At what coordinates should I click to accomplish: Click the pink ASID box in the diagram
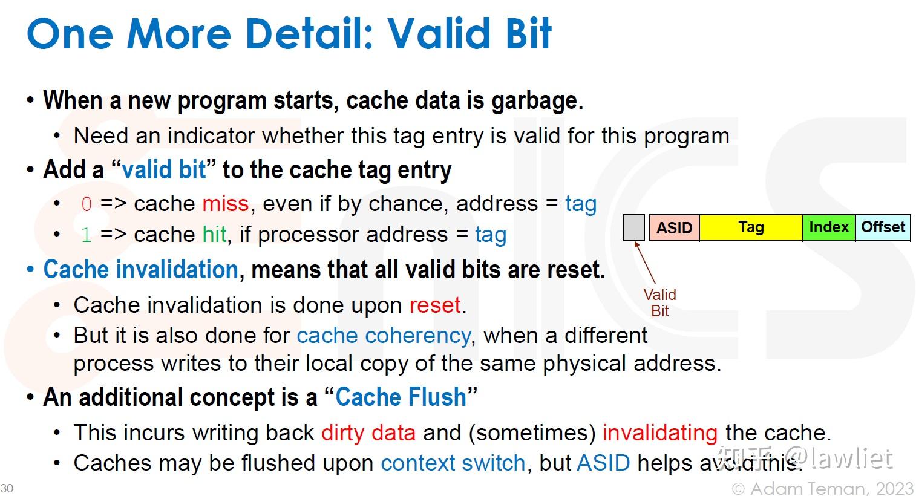click(x=674, y=227)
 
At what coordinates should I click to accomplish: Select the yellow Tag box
click(x=751, y=227)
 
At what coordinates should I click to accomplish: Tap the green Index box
click(x=829, y=227)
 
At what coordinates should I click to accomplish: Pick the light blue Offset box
click(x=883, y=227)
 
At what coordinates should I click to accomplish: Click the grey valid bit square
click(x=633, y=227)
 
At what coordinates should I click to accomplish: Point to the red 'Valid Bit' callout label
click(x=659, y=302)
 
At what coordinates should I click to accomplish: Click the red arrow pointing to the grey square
click(x=645, y=263)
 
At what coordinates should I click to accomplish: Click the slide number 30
click(x=7, y=488)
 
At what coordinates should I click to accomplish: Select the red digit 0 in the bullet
click(x=87, y=204)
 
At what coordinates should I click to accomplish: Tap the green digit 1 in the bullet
click(x=87, y=235)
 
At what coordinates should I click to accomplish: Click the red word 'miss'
click(x=226, y=204)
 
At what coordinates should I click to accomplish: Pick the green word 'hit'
click(x=215, y=234)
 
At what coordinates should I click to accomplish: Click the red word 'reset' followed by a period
click(x=437, y=305)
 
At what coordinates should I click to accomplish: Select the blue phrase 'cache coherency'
click(x=384, y=336)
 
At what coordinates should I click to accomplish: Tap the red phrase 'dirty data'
click(x=368, y=433)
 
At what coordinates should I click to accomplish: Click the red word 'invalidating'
click(x=660, y=433)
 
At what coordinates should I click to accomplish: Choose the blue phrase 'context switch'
click(x=453, y=463)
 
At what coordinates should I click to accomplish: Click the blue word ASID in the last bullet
click(x=604, y=463)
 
